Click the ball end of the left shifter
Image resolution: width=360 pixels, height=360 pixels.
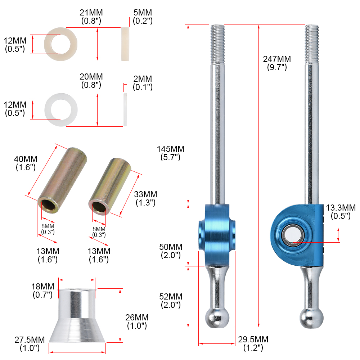pos(217,317)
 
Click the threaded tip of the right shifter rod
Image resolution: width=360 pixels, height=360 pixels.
pos(312,43)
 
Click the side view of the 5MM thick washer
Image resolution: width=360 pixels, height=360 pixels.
pos(125,44)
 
